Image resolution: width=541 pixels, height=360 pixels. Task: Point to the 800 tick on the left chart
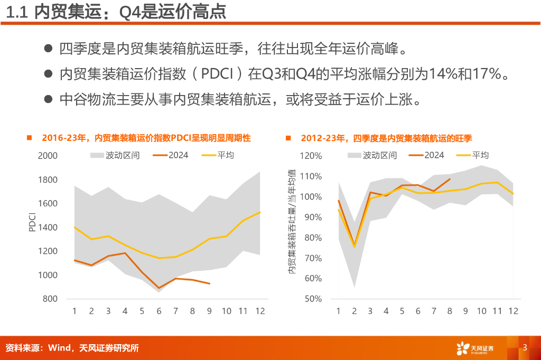[50, 299]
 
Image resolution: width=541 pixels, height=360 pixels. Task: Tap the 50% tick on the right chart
[313, 299]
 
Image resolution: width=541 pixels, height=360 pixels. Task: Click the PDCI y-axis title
[32, 222]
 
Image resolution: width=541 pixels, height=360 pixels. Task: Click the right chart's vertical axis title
[291, 222]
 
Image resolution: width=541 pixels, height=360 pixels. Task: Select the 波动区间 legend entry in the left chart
[114, 155]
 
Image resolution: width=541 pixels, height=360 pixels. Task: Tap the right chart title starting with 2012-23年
[386, 138]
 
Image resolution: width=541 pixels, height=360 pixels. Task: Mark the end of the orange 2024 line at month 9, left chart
[210, 283]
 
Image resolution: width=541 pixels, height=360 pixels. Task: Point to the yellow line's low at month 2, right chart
[355, 247]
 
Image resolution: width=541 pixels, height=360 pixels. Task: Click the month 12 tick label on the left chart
[259, 311]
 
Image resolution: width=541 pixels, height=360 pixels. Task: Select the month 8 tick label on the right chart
[450, 311]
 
